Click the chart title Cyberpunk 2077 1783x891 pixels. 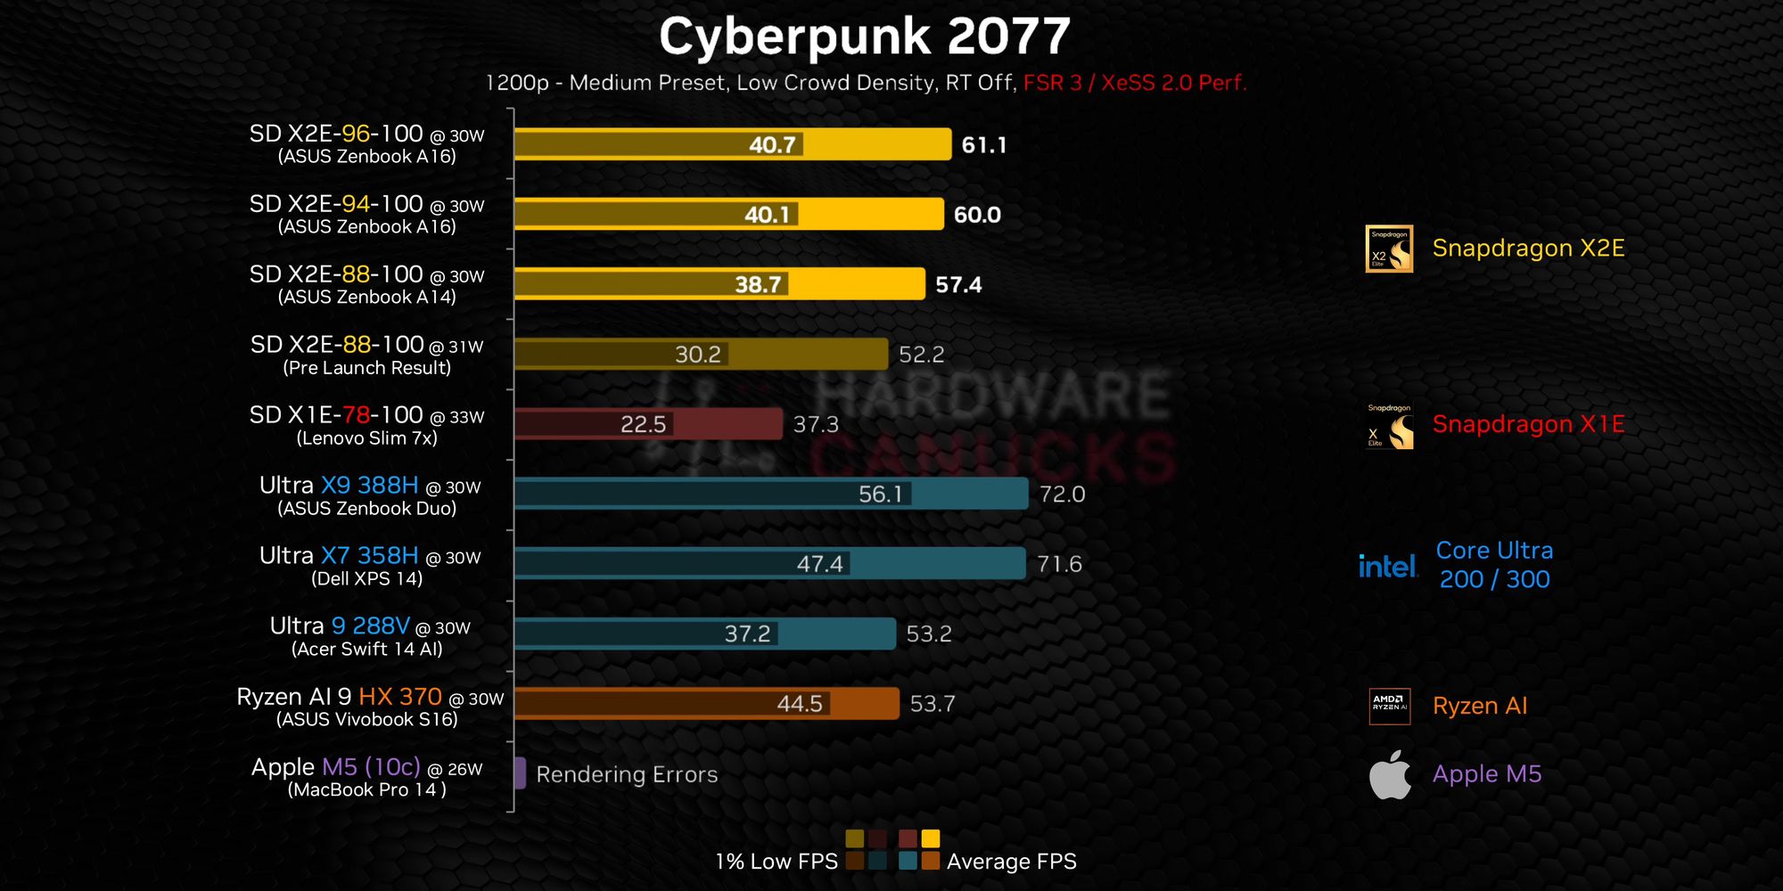pos(864,37)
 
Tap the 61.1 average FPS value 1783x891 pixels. pos(983,145)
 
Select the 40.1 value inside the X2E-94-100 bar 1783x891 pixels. pos(768,215)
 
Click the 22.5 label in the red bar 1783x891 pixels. pos(643,424)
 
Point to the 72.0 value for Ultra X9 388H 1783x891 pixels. pos(1062,495)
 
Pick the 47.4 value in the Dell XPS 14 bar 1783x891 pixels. pos(819,564)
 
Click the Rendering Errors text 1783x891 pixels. pos(627,774)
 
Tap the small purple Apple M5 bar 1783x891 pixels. pos(520,773)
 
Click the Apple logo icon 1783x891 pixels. pos(1390,774)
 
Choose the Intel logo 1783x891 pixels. pos(1387,566)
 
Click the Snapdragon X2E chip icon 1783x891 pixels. pos(1389,249)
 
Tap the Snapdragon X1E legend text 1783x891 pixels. pos(1528,424)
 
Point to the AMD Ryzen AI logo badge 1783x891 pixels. pos(1389,706)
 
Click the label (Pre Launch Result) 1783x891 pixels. pos(367,368)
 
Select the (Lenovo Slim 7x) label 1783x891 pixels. pos(367,438)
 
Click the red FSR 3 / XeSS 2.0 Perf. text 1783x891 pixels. pos(1134,83)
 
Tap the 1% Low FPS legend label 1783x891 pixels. pos(776,862)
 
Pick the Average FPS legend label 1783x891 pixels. pos(1011,862)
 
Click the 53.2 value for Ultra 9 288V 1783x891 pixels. pos(928,634)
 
